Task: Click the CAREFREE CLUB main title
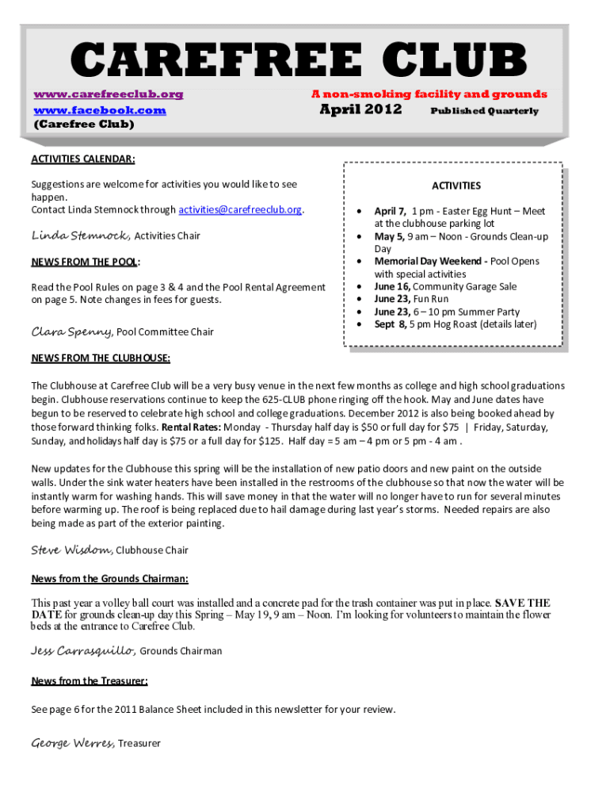[300, 62]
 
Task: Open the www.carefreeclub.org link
[108, 94]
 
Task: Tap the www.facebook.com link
[99, 110]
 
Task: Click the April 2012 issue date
[360, 109]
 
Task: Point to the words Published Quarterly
[484, 111]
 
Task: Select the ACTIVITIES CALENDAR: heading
[83, 159]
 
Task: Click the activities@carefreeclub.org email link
[240, 210]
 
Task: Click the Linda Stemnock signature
[80, 236]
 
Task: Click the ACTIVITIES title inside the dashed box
[456, 186]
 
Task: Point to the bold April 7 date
[390, 212]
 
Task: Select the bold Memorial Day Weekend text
[430, 262]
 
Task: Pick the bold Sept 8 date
[391, 324]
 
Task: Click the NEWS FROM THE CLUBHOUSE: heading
[101, 358]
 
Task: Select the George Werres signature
[73, 743]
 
